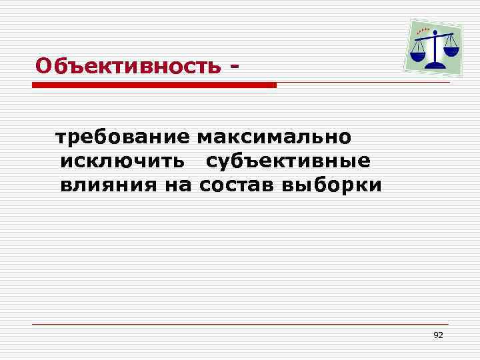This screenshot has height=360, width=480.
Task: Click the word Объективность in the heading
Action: click(127, 66)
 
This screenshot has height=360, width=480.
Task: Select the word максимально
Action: click(274, 137)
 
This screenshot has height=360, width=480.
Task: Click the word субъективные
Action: click(288, 161)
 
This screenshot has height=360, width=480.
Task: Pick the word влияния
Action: click(107, 185)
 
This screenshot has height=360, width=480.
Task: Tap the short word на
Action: click(177, 185)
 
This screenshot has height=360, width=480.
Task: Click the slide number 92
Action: click(438, 335)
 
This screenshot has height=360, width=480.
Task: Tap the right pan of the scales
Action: click(451, 51)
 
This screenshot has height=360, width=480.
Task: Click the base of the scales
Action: click(436, 65)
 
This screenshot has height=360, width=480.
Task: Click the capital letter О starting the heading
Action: click(43, 66)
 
